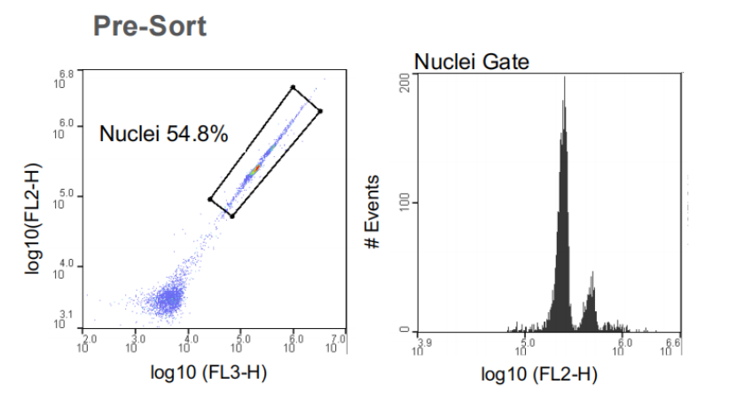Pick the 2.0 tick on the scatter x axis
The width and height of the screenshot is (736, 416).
(87, 343)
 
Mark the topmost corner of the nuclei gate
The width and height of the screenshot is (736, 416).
(293, 87)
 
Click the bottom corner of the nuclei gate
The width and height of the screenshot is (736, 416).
(232, 216)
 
